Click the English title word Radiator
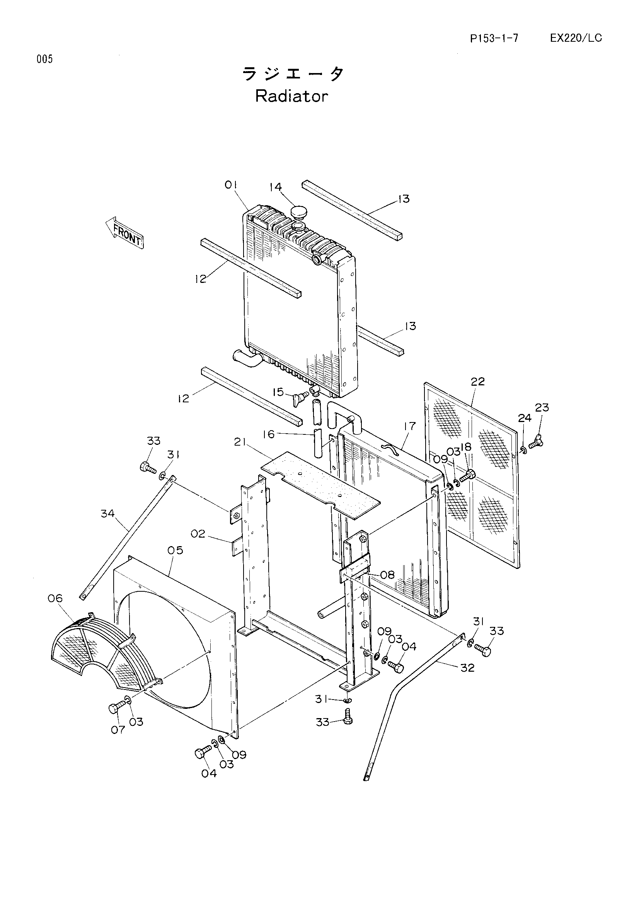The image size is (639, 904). pyautogui.click(x=291, y=96)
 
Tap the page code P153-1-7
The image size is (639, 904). pyautogui.click(x=494, y=38)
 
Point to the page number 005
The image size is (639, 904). pyautogui.click(x=44, y=59)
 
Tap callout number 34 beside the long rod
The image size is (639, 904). pyautogui.click(x=107, y=513)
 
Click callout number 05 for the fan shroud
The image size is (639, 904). pyautogui.click(x=175, y=550)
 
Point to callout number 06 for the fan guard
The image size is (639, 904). pyautogui.click(x=55, y=598)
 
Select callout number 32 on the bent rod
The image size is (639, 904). pyautogui.click(x=467, y=668)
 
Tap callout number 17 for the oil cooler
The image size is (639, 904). pyautogui.click(x=409, y=426)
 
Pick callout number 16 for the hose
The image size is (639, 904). pyautogui.click(x=269, y=434)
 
